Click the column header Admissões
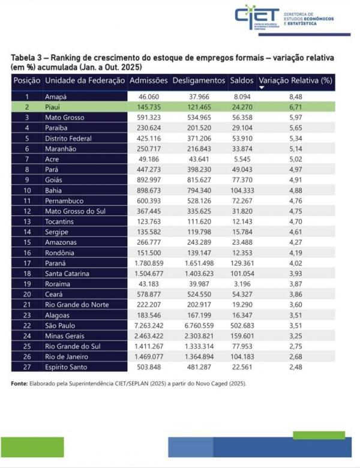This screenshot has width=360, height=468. (149, 80)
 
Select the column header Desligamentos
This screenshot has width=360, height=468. (199, 80)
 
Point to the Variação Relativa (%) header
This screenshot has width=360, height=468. (295, 80)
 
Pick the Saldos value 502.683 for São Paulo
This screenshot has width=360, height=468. (242, 325)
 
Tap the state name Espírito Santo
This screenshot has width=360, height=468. (67, 367)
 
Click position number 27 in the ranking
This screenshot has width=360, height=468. (26, 367)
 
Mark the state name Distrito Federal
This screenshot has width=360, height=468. (68, 138)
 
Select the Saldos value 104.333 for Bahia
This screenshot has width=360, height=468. (242, 190)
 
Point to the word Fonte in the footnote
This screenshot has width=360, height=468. (20, 383)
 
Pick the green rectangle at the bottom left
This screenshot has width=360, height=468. (32, 448)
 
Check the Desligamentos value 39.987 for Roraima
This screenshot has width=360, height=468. (199, 284)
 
